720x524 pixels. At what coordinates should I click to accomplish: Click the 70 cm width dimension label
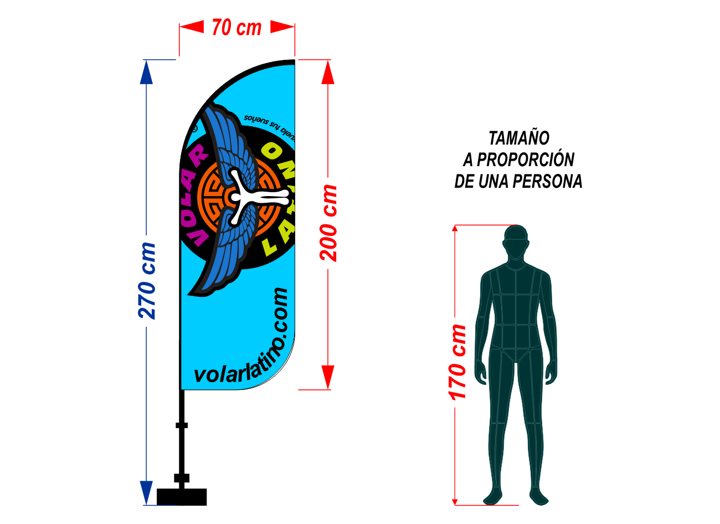click(236, 28)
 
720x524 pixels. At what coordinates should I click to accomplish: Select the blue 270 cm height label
click(147, 281)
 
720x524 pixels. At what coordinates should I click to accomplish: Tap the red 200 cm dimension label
click(329, 223)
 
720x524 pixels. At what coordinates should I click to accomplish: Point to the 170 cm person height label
click(457, 362)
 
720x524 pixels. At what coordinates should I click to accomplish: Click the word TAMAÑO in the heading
click(518, 138)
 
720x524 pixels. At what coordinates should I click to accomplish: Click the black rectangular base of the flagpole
click(182, 497)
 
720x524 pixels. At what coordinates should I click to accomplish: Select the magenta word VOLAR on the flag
click(195, 194)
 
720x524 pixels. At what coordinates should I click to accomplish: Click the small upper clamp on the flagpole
click(182, 425)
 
